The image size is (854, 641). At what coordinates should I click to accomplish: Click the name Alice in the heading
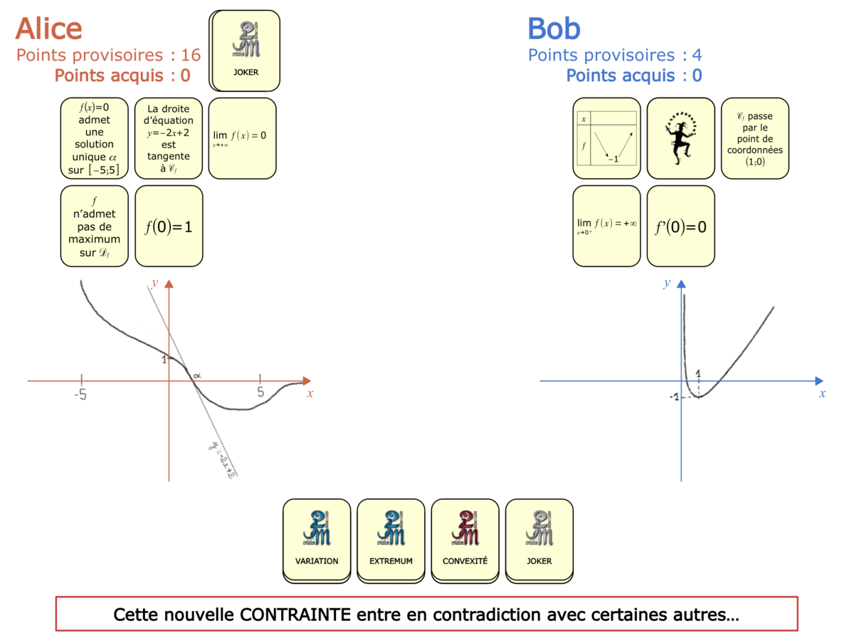48,28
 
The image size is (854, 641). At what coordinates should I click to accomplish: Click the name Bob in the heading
554,28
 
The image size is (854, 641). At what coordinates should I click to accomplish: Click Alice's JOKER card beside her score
246,50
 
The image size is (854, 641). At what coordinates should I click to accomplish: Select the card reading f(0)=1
169,226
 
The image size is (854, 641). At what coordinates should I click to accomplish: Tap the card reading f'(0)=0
680,226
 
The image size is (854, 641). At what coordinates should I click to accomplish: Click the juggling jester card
680,137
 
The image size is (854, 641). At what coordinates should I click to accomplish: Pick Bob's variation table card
606,137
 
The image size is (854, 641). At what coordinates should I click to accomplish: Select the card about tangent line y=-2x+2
169,137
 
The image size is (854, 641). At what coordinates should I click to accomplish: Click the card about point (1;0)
754,137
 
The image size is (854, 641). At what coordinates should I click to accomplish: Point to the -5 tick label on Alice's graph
82,392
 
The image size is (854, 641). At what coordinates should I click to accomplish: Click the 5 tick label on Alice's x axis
260,392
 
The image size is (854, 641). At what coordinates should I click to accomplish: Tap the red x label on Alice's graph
310,393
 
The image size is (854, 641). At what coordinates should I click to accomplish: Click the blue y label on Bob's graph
667,283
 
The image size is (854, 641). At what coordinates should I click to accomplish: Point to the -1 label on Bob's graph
674,397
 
